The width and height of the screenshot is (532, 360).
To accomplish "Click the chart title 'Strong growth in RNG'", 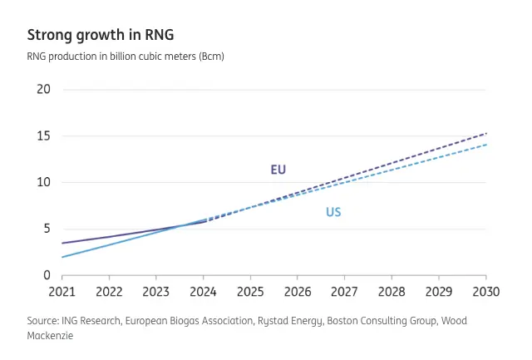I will click(101, 35).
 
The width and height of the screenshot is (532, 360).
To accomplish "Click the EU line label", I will click(278, 170).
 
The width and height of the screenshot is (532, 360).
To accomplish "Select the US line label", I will click(333, 213).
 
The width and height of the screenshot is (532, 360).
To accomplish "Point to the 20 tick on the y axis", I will click(44, 89).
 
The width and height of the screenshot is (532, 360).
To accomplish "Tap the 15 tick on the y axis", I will click(44, 136).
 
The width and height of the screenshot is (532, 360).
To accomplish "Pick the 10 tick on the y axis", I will click(44, 182).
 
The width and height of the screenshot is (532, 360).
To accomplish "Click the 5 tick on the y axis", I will click(47, 229).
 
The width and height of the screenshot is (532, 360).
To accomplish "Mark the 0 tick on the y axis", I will click(47, 275).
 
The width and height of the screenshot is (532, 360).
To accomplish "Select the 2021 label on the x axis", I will click(62, 292).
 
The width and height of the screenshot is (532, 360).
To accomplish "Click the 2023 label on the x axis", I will click(156, 292).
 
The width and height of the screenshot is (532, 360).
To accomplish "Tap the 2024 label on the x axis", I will click(204, 292).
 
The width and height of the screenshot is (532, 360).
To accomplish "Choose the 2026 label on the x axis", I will click(298, 292).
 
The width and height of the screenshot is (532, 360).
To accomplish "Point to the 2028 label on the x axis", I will click(392, 292).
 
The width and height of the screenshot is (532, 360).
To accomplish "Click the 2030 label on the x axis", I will click(485, 292).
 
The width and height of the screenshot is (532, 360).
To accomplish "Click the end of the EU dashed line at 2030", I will click(486, 133).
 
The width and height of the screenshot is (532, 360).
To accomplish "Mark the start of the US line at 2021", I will click(62, 257).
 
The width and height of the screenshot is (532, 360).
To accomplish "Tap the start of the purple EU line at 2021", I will click(62, 243).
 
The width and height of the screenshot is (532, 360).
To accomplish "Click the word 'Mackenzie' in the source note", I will click(51, 336).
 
